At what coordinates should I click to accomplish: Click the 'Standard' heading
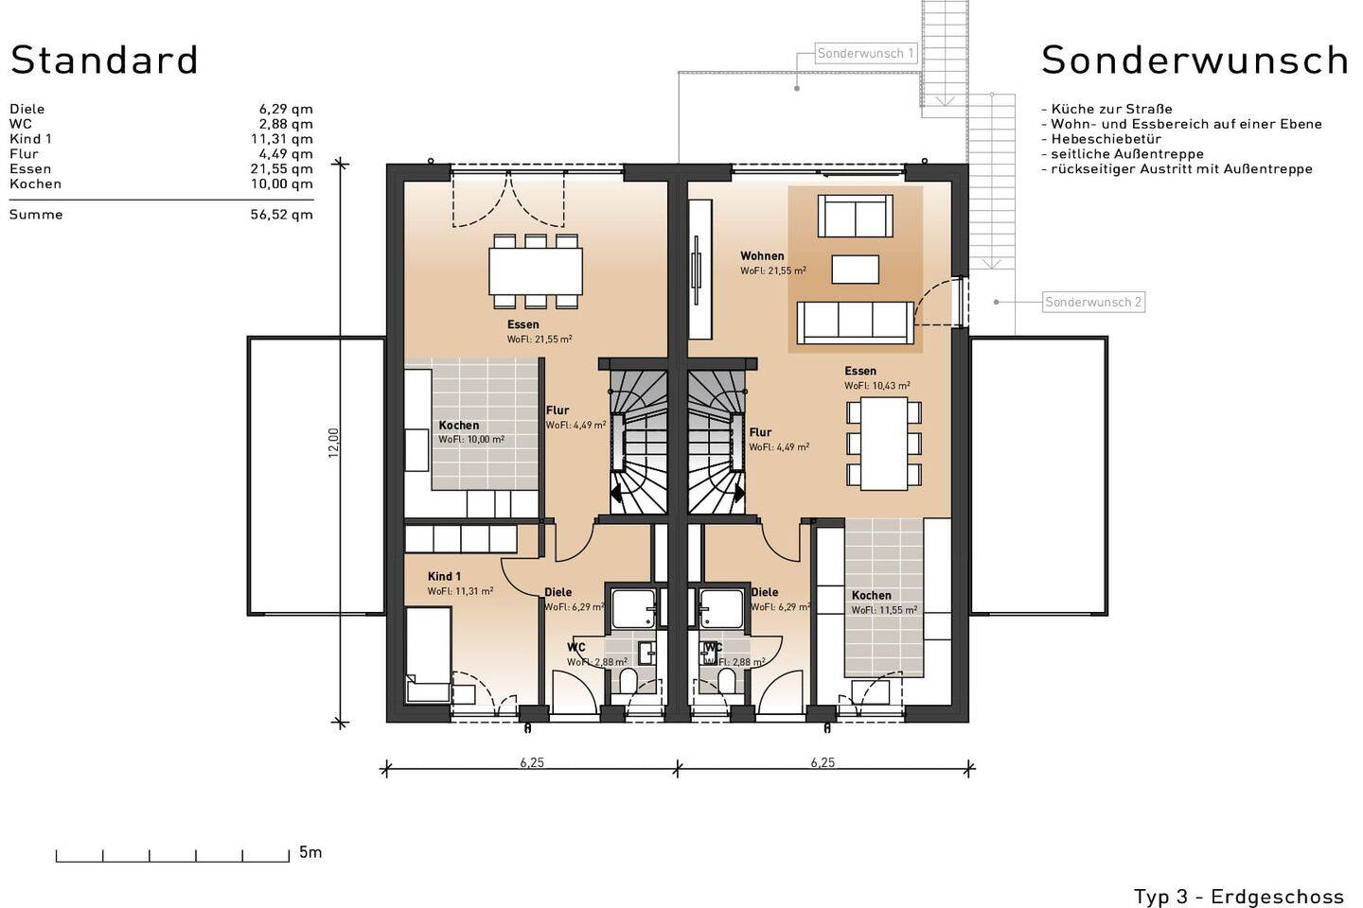[x=105, y=61]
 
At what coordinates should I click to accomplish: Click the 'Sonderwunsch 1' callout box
[x=865, y=54]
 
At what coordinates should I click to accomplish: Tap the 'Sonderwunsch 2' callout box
[x=1093, y=303]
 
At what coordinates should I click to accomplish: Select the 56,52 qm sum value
[x=282, y=215]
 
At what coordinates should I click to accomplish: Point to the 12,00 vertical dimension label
[x=333, y=443]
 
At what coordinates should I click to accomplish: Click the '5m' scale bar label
[x=310, y=852]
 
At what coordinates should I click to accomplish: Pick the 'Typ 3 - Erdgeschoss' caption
[x=1239, y=897]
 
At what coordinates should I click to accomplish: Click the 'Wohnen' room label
[x=762, y=256]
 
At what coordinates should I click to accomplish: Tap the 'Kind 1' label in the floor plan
[x=444, y=577]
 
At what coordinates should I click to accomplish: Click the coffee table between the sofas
[x=855, y=270]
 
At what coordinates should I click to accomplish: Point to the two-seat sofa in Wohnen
[x=855, y=216]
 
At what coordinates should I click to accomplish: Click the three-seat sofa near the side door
[x=855, y=323]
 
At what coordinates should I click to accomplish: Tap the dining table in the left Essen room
[x=536, y=271]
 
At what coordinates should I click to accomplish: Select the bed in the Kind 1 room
[x=429, y=655]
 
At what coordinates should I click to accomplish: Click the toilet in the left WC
[x=628, y=681]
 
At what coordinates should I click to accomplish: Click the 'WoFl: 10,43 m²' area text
[x=876, y=386]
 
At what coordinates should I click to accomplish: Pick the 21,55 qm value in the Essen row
[x=282, y=169]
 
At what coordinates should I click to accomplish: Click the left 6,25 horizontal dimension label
[x=532, y=762]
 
